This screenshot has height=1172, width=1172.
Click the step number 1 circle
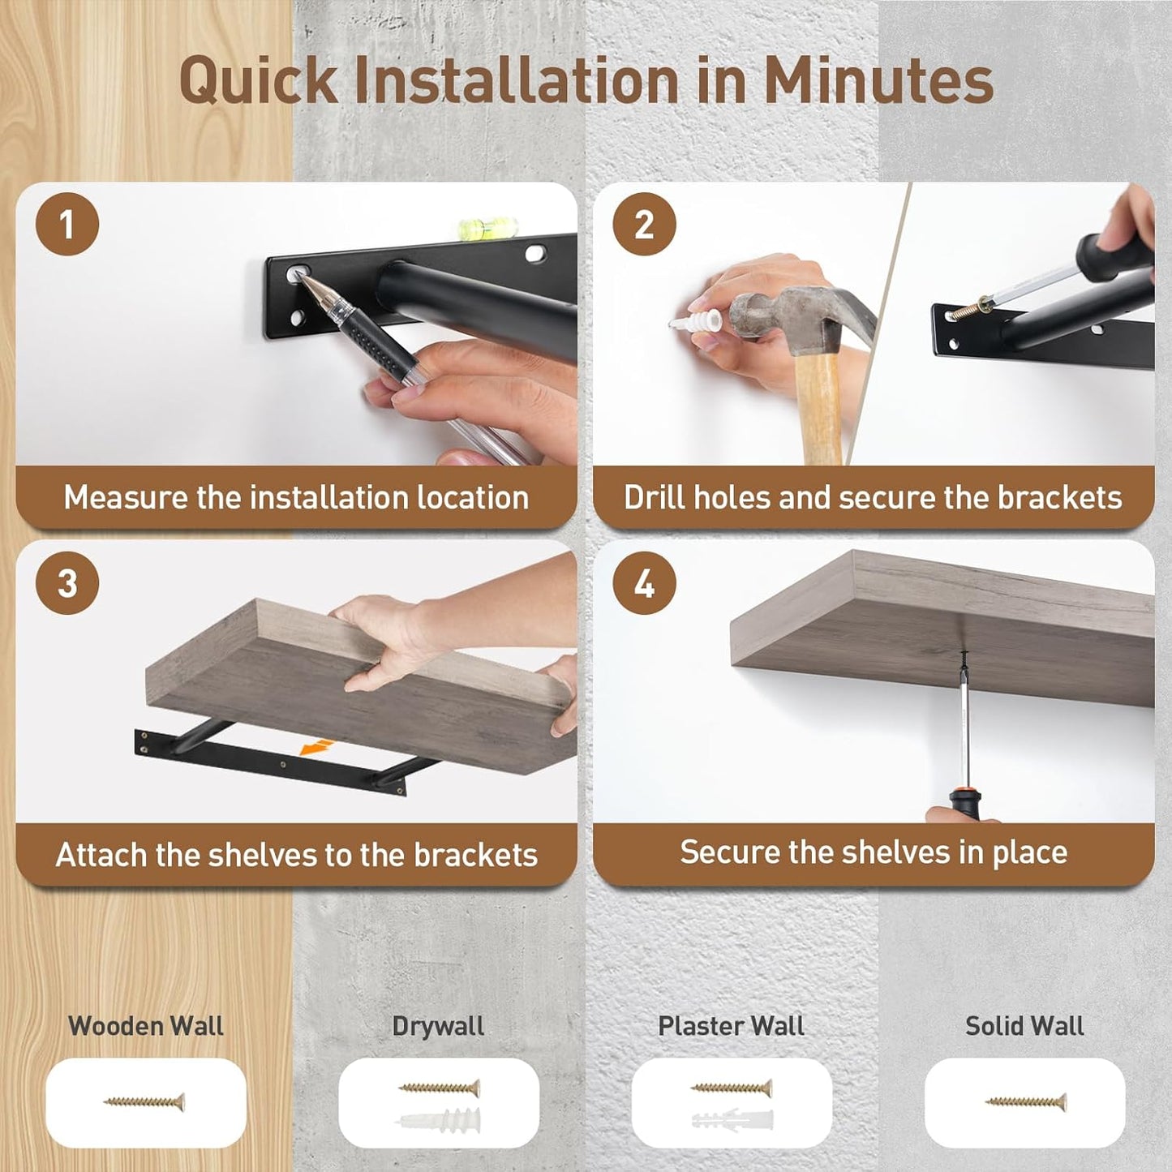pyautogui.click(x=67, y=224)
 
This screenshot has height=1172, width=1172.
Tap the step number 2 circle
pyautogui.click(x=644, y=224)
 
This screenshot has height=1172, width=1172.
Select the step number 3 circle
pyautogui.click(x=67, y=582)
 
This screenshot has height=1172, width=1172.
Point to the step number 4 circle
pyautogui.click(x=644, y=582)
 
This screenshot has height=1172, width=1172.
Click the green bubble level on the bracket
pyautogui.click(x=487, y=229)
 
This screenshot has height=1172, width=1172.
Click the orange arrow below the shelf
pyautogui.click(x=317, y=748)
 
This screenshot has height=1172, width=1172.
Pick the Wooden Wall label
pyautogui.click(x=146, y=1026)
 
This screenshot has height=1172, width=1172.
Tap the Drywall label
pyautogui.click(x=438, y=1027)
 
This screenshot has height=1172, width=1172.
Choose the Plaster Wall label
pyautogui.click(x=731, y=1026)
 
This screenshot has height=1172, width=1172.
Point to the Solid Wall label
pyautogui.click(x=1024, y=1026)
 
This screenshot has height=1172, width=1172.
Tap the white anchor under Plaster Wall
pyautogui.click(x=732, y=1119)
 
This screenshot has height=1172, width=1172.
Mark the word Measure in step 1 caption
pyautogui.click(x=126, y=497)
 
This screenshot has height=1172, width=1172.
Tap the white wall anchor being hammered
pyautogui.click(x=697, y=320)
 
